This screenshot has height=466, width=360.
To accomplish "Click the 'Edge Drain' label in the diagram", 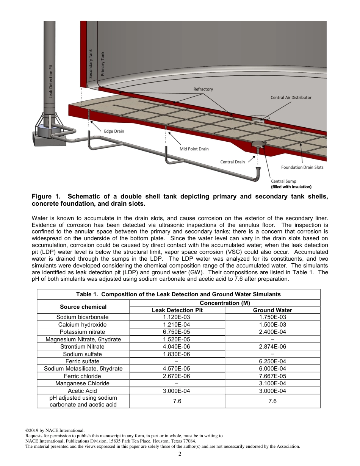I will [x=114, y=131].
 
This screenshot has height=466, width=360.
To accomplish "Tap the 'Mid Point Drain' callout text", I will [x=194, y=149].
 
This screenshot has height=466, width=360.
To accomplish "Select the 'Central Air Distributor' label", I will [x=291, y=97].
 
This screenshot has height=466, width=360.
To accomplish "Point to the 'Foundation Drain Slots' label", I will [x=302, y=167].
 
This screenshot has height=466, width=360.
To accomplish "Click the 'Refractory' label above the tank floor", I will [x=203, y=89].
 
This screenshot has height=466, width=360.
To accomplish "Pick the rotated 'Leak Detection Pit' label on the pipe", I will [x=51, y=81].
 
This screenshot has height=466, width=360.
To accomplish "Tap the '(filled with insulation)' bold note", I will [x=291, y=187].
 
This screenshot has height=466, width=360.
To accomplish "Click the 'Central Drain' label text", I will [x=232, y=162].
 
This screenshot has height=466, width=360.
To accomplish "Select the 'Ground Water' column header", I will [x=272, y=310].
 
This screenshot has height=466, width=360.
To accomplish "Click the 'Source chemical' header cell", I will [x=83, y=306].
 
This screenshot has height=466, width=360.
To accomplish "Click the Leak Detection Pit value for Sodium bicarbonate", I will [x=177, y=317].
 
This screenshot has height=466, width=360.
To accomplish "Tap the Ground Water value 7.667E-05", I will [x=272, y=376].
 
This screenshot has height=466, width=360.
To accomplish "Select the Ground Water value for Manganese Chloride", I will [x=272, y=383].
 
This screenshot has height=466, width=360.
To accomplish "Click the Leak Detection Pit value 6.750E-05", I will [x=177, y=332].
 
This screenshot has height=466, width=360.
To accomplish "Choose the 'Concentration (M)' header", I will [x=224, y=303].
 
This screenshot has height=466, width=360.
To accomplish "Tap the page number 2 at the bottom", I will [x=180, y=454].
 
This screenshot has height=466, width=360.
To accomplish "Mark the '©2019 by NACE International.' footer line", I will [x=55, y=430].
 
